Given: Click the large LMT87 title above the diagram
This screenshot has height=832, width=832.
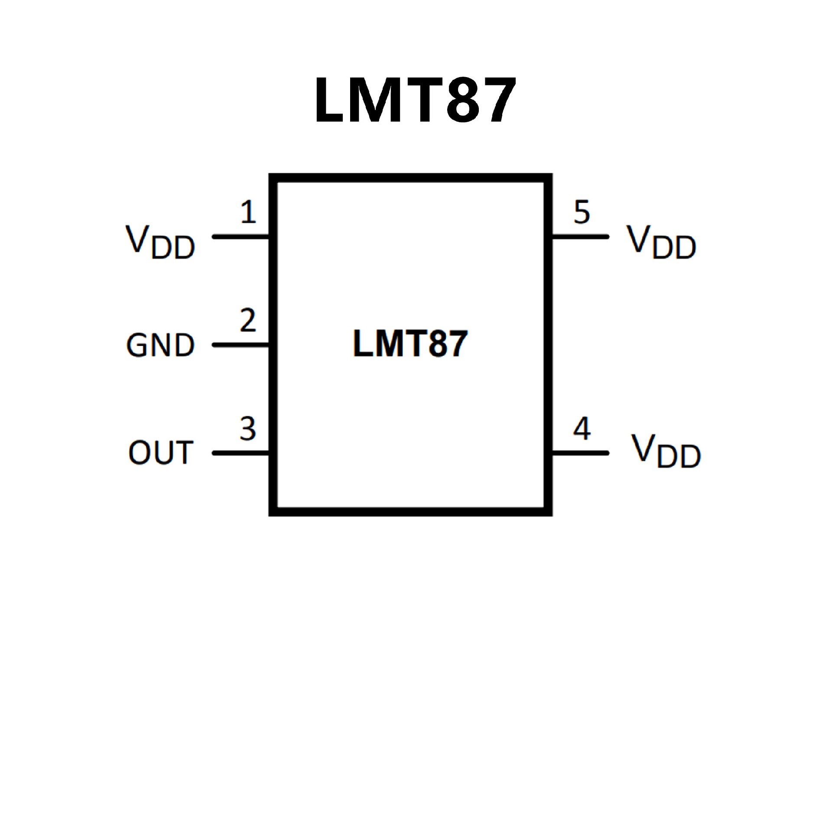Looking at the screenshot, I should [x=415, y=100].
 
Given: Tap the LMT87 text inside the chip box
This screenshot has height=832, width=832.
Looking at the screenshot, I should [x=410, y=344].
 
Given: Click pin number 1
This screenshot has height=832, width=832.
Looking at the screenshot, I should [x=248, y=212].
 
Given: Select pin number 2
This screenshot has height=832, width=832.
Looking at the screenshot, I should [x=248, y=321].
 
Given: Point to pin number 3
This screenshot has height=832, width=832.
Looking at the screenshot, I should [x=248, y=429].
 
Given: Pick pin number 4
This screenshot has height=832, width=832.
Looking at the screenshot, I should [x=582, y=429].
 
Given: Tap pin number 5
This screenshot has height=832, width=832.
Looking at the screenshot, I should [x=582, y=212].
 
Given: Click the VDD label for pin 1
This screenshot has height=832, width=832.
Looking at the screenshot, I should [x=160, y=242].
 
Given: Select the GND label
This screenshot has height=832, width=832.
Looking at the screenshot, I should [x=160, y=345].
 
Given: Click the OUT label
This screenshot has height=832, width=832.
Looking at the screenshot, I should [x=160, y=453].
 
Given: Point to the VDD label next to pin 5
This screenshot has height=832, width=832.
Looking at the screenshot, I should [x=661, y=242].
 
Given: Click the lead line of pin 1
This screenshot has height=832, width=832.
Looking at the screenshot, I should [x=241, y=237].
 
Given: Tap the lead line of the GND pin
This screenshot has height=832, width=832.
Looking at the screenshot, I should [x=241, y=345].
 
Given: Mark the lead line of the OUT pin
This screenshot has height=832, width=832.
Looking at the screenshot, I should [x=241, y=453].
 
